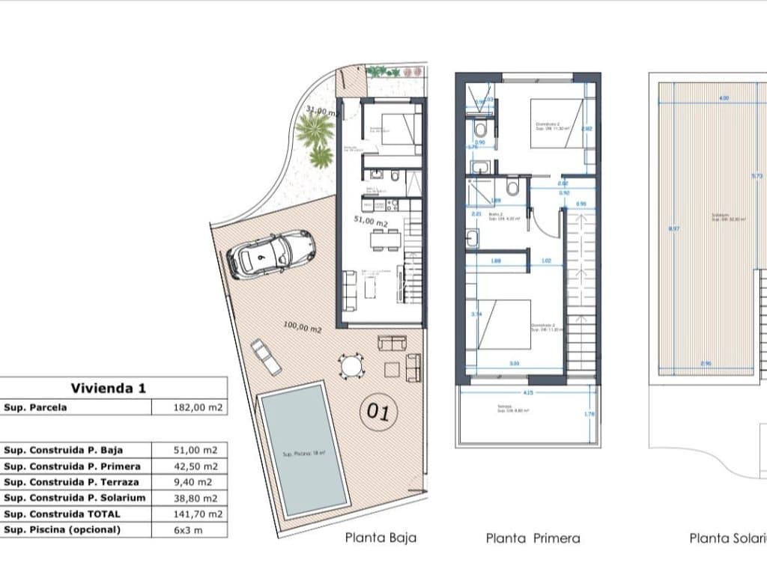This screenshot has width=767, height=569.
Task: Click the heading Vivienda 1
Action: [x=109, y=388]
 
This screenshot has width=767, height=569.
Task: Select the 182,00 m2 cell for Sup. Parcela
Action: [x=189, y=407]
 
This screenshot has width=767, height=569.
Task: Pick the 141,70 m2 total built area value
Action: [x=189, y=514]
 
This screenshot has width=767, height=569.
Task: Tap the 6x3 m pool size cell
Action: [x=189, y=530]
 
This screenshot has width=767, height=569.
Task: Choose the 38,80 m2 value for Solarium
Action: [x=189, y=498]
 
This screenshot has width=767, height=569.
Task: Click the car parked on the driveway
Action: [x=271, y=254]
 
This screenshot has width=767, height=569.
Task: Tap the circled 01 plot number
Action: [x=378, y=413]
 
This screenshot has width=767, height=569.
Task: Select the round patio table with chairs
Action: [x=350, y=366]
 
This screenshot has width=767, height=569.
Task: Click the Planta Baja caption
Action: [x=381, y=538]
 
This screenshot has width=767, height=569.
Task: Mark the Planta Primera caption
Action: [x=533, y=538]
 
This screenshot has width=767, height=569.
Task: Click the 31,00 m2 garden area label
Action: [x=322, y=111]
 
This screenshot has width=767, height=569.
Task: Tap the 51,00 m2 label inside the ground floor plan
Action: [x=371, y=222]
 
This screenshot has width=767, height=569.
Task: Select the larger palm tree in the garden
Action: [x=315, y=131]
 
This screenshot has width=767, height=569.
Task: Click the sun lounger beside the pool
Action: [x=266, y=356]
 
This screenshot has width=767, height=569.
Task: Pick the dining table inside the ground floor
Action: [x=386, y=240]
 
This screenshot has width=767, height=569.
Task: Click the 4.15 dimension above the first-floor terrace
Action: [x=529, y=392]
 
